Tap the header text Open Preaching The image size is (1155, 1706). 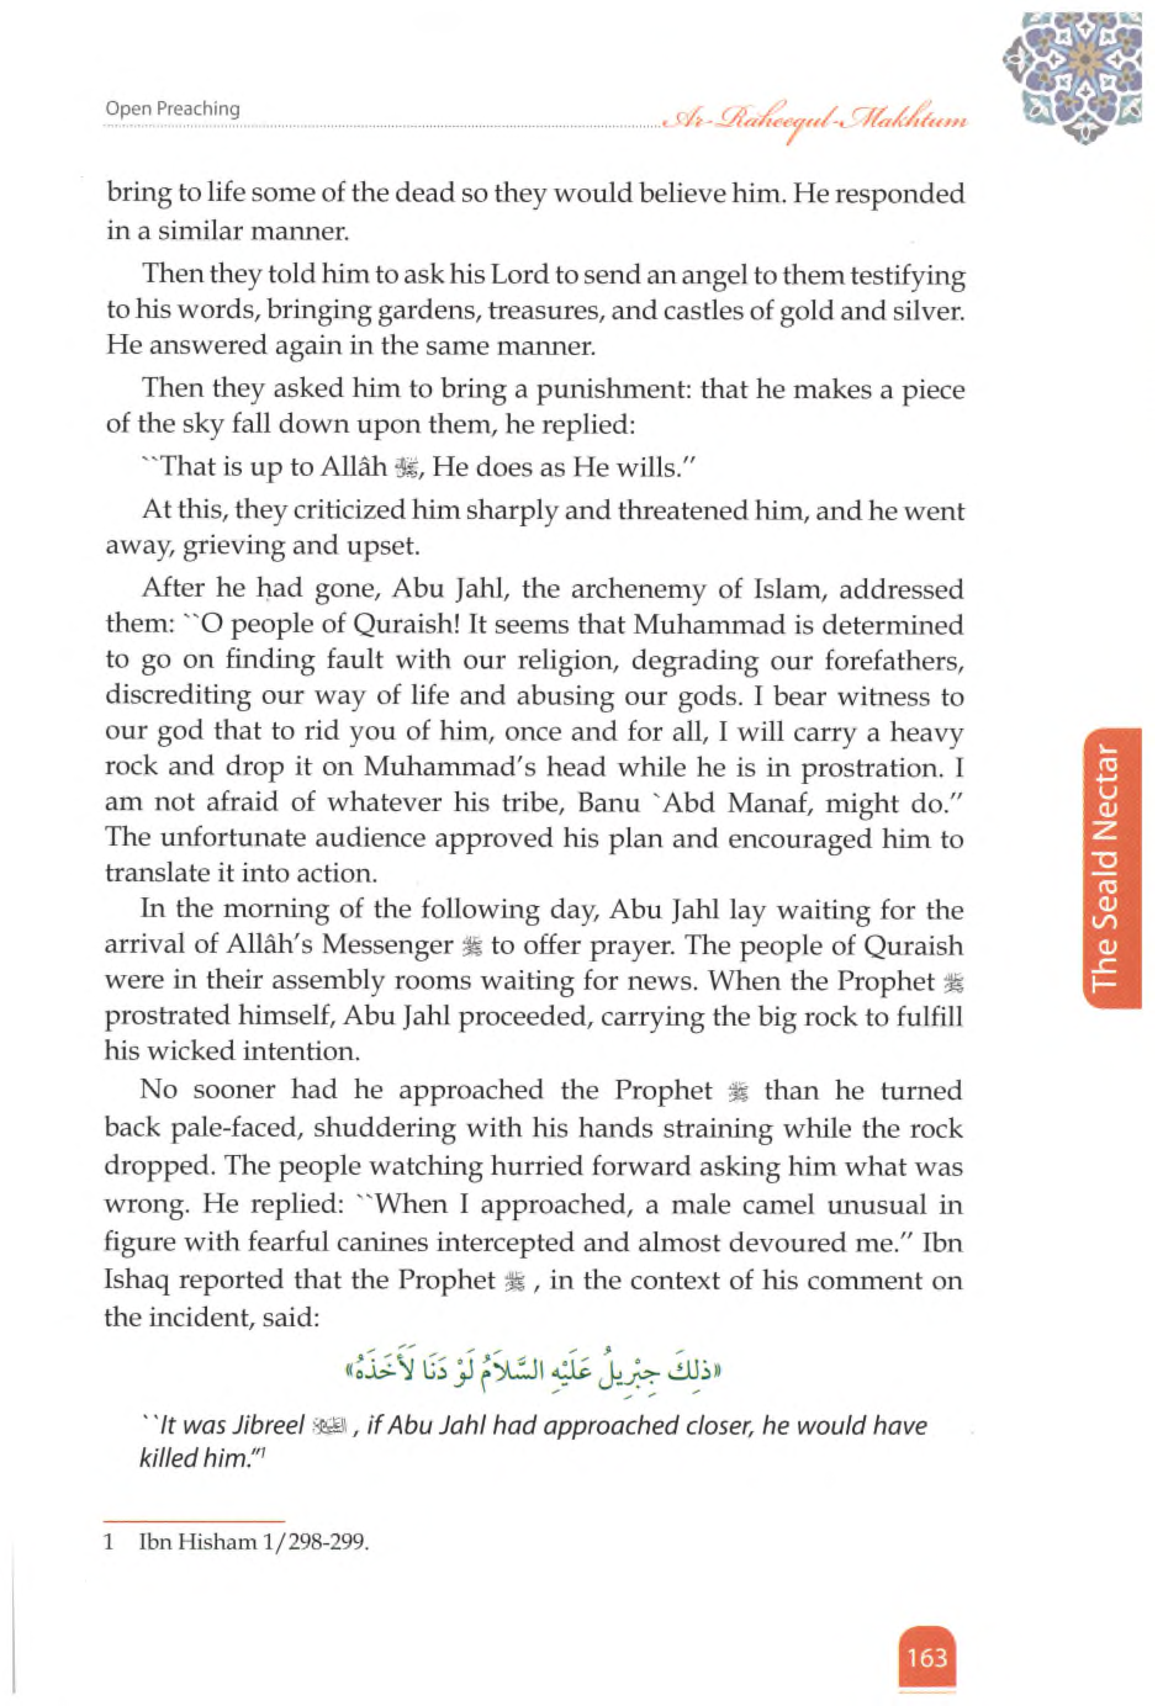point(173,108)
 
